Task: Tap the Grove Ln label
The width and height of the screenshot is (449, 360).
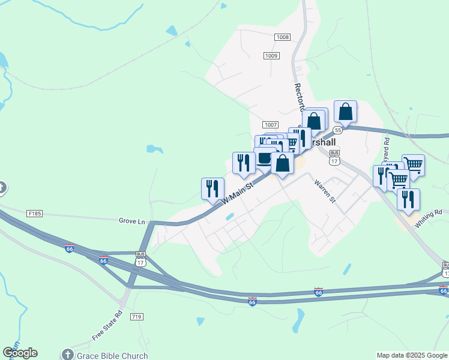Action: pyautogui.click(x=133, y=221)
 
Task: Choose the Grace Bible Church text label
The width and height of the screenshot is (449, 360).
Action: pyautogui.click(x=112, y=356)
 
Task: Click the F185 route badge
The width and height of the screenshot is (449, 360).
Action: pyautogui.click(x=35, y=214)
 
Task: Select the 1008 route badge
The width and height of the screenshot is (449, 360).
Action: pyautogui.click(x=283, y=37)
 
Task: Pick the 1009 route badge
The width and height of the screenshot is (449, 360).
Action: pyautogui.click(x=271, y=56)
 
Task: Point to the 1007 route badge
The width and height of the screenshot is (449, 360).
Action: pyautogui.click(x=270, y=124)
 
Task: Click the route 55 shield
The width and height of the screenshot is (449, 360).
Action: pyautogui.click(x=338, y=130)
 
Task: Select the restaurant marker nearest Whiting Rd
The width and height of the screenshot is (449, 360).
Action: pyautogui.click(x=408, y=199)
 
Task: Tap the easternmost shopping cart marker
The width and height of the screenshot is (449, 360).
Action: pyautogui.click(x=413, y=164)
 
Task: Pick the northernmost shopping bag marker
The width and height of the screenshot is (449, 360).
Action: pyautogui.click(x=345, y=112)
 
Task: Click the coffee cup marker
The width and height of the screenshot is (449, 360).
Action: pyautogui.click(x=265, y=158)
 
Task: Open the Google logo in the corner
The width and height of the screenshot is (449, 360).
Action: pyautogui.click(x=20, y=353)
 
